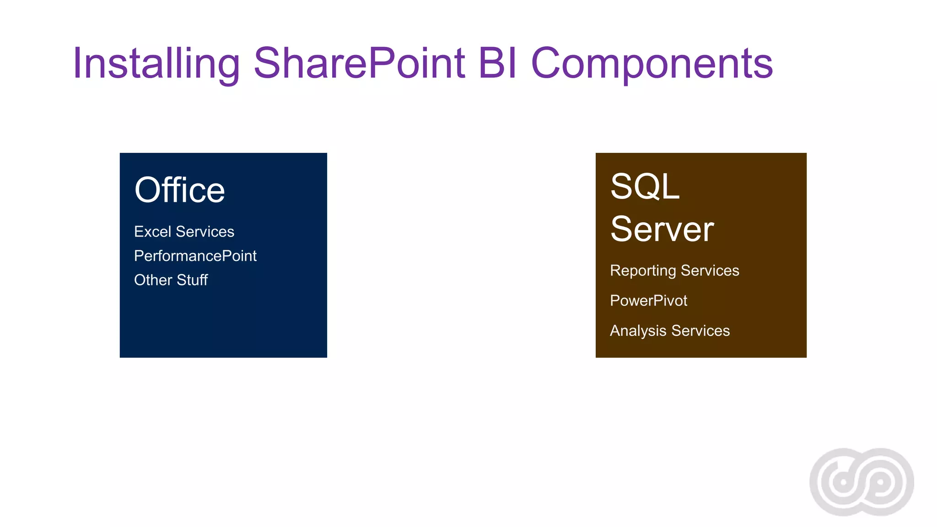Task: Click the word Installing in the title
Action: click(x=156, y=64)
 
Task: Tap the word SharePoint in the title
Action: click(x=359, y=64)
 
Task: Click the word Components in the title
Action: click(x=652, y=64)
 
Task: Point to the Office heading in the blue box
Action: click(x=179, y=190)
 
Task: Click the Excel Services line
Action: click(x=184, y=232)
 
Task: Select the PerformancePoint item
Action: click(x=195, y=256)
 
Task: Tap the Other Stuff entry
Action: click(x=171, y=280)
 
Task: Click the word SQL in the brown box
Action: click(x=645, y=187)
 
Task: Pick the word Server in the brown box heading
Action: click(x=662, y=229)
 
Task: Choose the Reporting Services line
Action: click(x=674, y=270)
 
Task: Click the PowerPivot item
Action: click(x=648, y=301)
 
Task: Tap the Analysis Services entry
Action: click(x=669, y=331)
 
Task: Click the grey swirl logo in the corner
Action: click(x=862, y=482)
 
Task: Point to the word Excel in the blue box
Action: click(x=153, y=232)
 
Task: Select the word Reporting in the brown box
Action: click(x=643, y=271)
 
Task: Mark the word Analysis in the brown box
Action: click(x=638, y=331)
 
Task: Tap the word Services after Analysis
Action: click(x=700, y=331)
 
